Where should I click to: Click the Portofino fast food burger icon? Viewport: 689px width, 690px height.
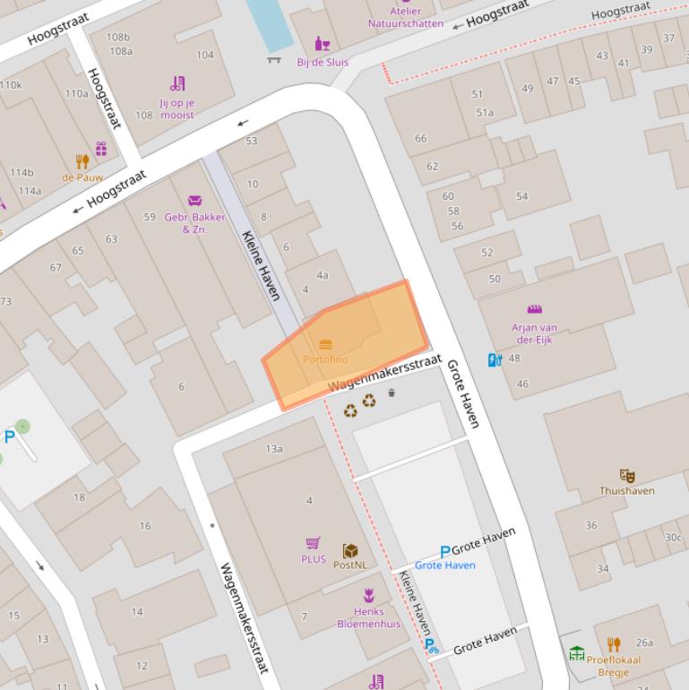tap(325, 344)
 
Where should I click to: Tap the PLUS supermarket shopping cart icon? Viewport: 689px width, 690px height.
tap(313, 543)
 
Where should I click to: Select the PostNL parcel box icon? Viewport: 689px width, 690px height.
tap(349, 550)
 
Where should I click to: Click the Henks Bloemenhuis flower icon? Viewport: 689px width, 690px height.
tap(368, 595)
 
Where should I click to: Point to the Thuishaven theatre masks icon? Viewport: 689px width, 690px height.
tap(626, 476)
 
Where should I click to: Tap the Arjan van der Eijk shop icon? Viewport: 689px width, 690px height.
tap(534, 310)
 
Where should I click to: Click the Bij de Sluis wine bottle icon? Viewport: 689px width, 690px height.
tap(322, 44)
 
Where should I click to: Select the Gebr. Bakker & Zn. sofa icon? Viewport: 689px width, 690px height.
tap(195, 201)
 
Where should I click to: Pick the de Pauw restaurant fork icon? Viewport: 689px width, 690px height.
tap(82, 162)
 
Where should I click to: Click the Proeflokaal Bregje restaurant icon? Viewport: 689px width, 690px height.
tap(614, 644)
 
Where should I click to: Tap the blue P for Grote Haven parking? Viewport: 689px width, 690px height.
tap(444, 551)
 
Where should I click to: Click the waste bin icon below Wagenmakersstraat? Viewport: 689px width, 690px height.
tap(392, 392)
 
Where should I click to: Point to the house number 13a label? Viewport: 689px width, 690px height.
tap(274, 449)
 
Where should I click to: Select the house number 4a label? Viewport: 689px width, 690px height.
tap(322, 276)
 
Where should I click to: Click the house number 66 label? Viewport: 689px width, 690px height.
tap(420, 138)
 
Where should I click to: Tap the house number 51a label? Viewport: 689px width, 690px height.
tap(485, 113)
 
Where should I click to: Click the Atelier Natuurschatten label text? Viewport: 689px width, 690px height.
tap(405, 17)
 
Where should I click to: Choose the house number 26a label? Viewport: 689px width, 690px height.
tap(644, 643)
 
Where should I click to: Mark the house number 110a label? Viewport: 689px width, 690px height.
tap(76, 93)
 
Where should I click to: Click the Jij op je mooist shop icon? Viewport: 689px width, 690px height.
tap(177, 84)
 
